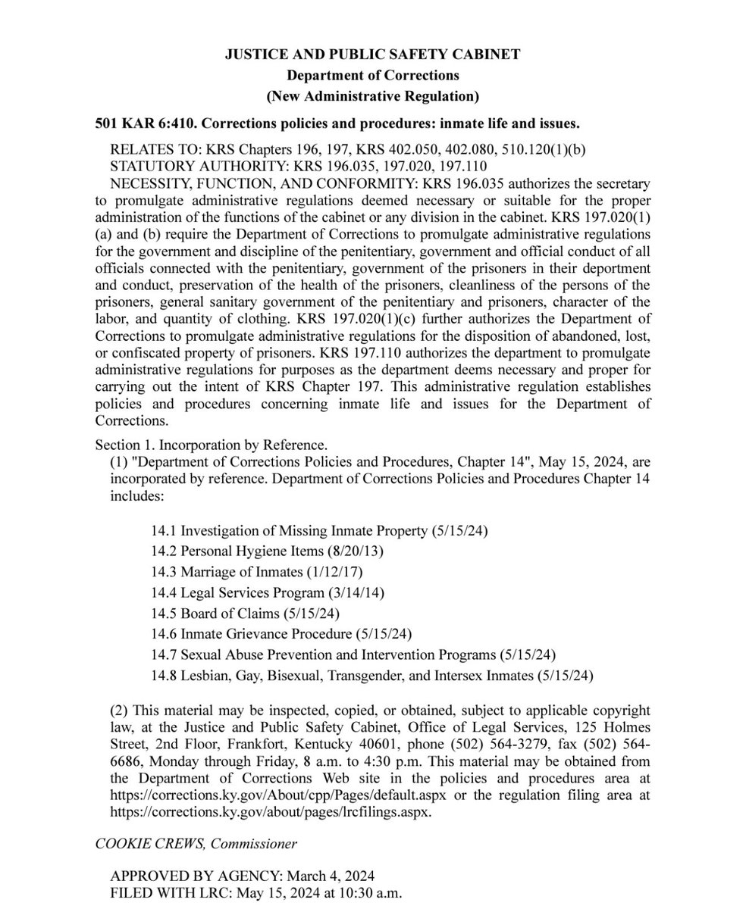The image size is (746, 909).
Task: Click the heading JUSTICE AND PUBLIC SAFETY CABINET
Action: pyautogui.click(x=372, y=55)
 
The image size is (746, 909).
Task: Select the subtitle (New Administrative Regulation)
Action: pyautogui.click(x=372, y=96)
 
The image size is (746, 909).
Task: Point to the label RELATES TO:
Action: pyautogui.click(x=155, y=149)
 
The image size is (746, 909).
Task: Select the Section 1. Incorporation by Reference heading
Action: pyautogui.click(x=211, y=445)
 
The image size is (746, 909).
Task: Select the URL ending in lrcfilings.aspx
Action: pyautogui.click(x=270, y=811)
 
